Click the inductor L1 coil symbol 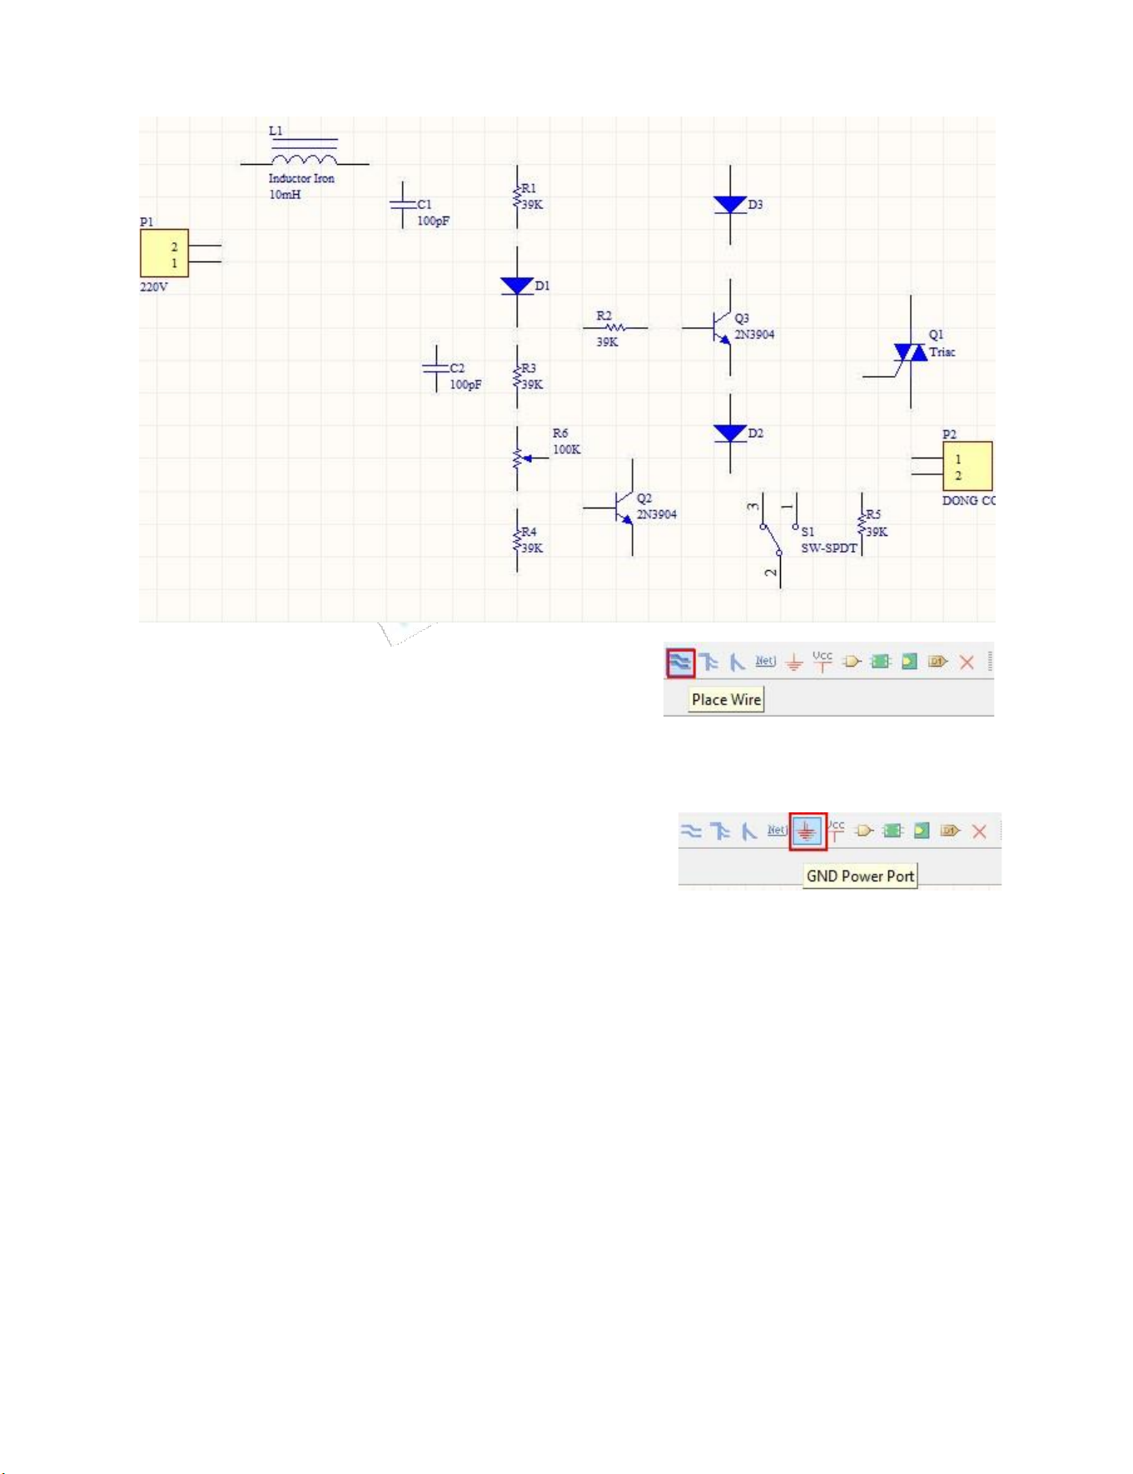click(x=305, y=160)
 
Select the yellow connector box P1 click(x=164, y=253)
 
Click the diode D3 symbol click(x=730, y=205)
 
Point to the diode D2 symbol click(x=730, y=433)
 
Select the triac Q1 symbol click(x=910, y=353)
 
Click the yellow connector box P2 click(x=967, y=466)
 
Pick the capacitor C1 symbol click(x=403, y=205)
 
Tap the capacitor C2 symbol click(x=435, y=369)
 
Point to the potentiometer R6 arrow click(x=529, y=458)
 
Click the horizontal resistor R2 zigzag click(x=616, y=328)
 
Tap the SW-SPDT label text click(x=828, y=548)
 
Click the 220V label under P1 click(x=154, y=287)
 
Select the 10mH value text click(x=285, y=195)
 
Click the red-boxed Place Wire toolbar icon click(x=680, y=663)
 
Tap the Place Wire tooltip click(x=726, y=700)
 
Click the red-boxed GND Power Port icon click(x=807, y=831)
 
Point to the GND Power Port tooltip click(x=860, y=876)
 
